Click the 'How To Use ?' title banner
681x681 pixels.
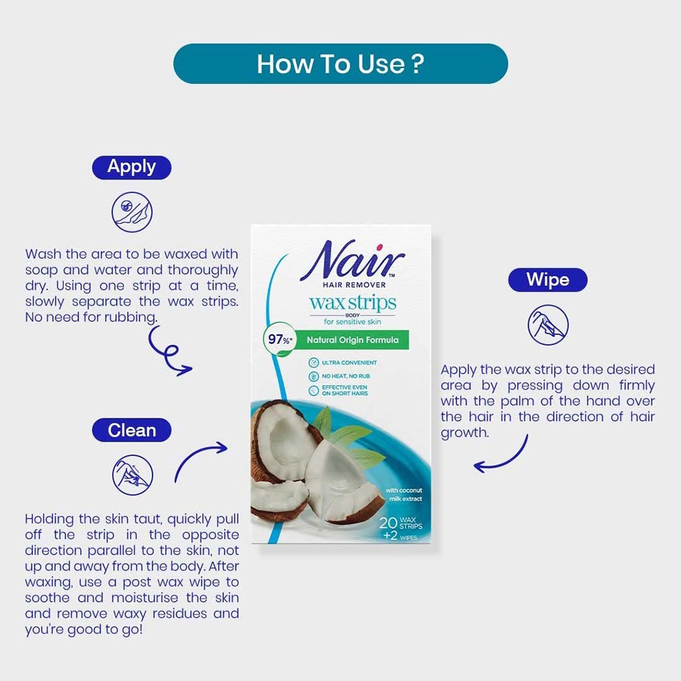340,64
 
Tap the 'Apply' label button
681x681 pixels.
132,167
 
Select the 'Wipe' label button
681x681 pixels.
547,279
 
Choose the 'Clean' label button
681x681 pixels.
132,430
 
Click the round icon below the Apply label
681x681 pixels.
132,211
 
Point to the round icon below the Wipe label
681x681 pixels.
547,325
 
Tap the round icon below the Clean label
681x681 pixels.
132,475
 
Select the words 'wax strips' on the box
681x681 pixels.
352,303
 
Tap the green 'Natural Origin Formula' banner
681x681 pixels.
352,340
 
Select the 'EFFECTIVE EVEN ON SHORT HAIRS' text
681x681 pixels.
344,390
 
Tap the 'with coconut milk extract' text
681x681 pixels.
404,494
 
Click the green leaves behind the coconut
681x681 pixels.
346,432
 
